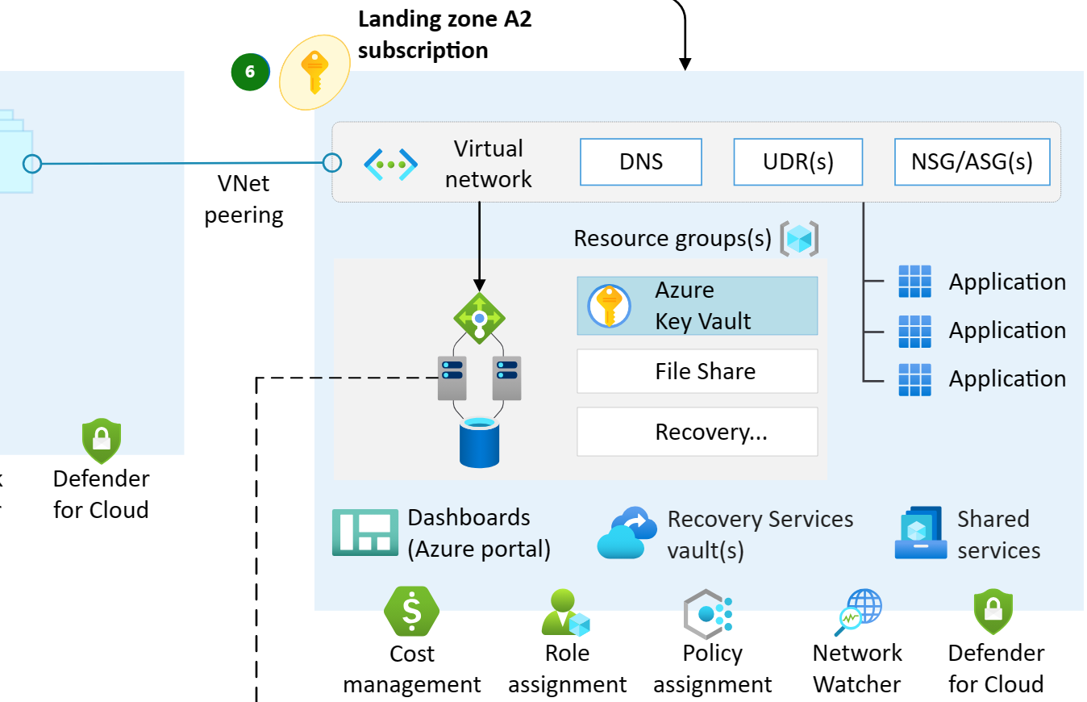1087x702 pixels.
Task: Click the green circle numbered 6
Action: (x=250, y=72)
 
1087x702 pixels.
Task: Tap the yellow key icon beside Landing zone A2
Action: (x=314, y=72)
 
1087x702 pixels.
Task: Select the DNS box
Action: (x=641, y=162)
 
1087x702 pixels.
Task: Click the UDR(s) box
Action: (x=798, y=162)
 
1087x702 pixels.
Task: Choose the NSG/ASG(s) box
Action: (x=972, y=162)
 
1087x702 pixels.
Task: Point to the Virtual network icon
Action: (x=390, y=164)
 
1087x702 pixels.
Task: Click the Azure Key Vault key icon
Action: (x=609, y=306)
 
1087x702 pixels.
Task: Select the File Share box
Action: (x=697, y=371)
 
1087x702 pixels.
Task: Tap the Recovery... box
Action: (x=697, y=432)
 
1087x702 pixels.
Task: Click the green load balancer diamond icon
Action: (x=479, y=319)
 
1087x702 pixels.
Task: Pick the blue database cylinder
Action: (x=479, y=442)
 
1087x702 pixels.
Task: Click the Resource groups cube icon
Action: (x=798, y=239)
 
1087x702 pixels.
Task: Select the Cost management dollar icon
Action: (x=411, y=612)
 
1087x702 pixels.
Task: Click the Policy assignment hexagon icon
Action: (x=708, y=614)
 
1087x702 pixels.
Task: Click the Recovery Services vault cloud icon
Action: (x=623, y=533)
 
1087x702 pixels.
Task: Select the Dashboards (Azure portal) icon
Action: (x=365, y=533)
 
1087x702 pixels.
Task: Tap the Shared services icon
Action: (x=921, y=533)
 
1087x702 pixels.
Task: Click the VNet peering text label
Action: (x=244, y=199)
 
